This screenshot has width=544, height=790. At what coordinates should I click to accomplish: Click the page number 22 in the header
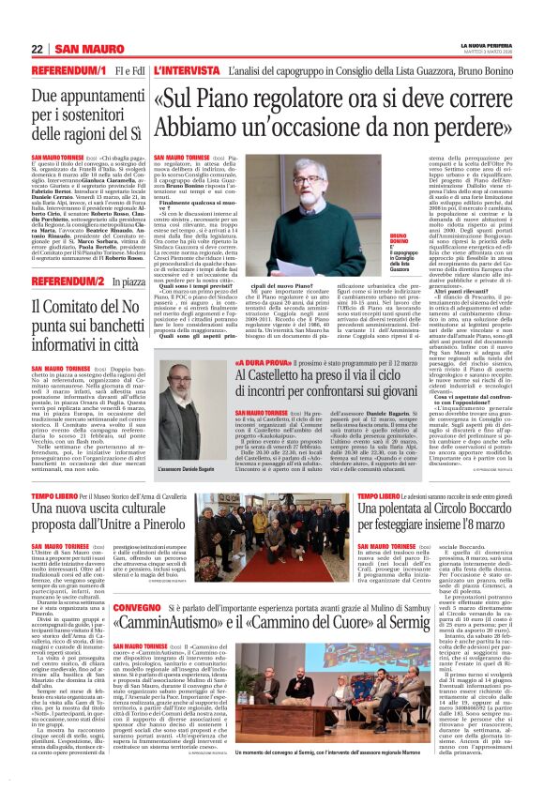pos(38,49)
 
